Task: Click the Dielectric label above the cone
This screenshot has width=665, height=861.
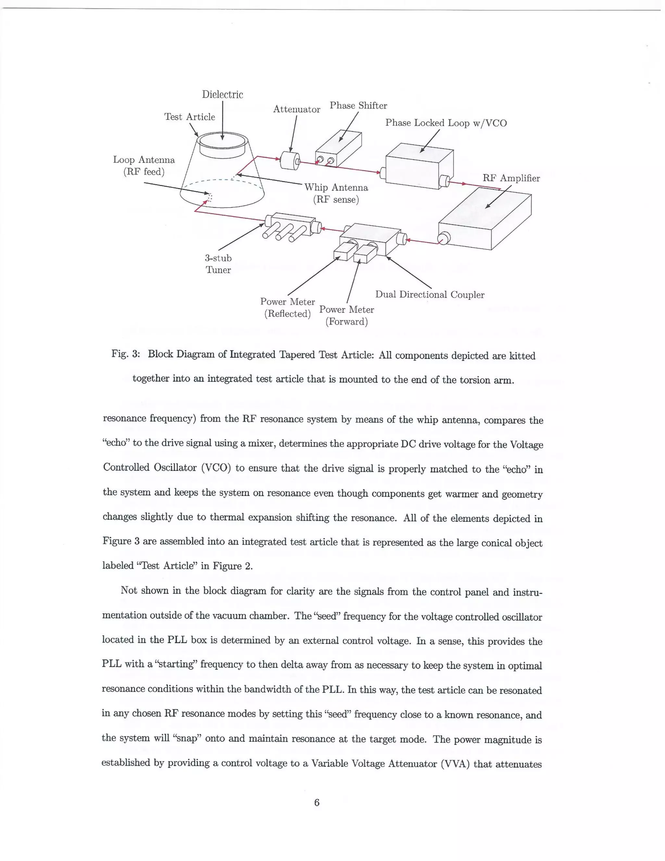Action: (222, 95)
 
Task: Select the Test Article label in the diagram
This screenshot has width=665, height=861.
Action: (190, 117)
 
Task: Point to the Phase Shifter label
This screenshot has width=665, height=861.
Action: (358, 106)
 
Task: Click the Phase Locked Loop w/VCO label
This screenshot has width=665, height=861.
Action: (445, 123)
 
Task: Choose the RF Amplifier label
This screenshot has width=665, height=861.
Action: (511, 178)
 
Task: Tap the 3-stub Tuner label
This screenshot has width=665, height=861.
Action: (218, 264)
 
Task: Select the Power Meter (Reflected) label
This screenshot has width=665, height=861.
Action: (288, 307)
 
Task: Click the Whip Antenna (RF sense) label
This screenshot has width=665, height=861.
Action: (336, 193)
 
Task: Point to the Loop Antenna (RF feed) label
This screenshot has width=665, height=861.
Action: (144, 166)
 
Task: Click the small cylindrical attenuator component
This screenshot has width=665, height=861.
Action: (290, 161)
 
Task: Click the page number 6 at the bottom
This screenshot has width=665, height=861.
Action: (316, 802)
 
